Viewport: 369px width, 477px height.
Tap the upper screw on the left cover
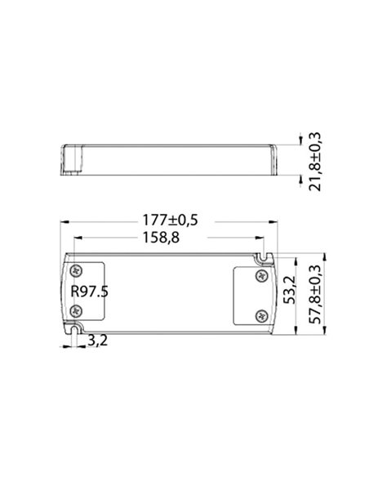click(77, 270)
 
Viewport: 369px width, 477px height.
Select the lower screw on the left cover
click(77, 310)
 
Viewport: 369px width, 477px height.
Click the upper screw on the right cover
click(261, 276)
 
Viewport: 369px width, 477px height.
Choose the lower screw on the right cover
click(261, 316)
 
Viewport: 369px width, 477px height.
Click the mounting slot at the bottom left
click(75, 330)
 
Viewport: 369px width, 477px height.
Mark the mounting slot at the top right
click(263, 257)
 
